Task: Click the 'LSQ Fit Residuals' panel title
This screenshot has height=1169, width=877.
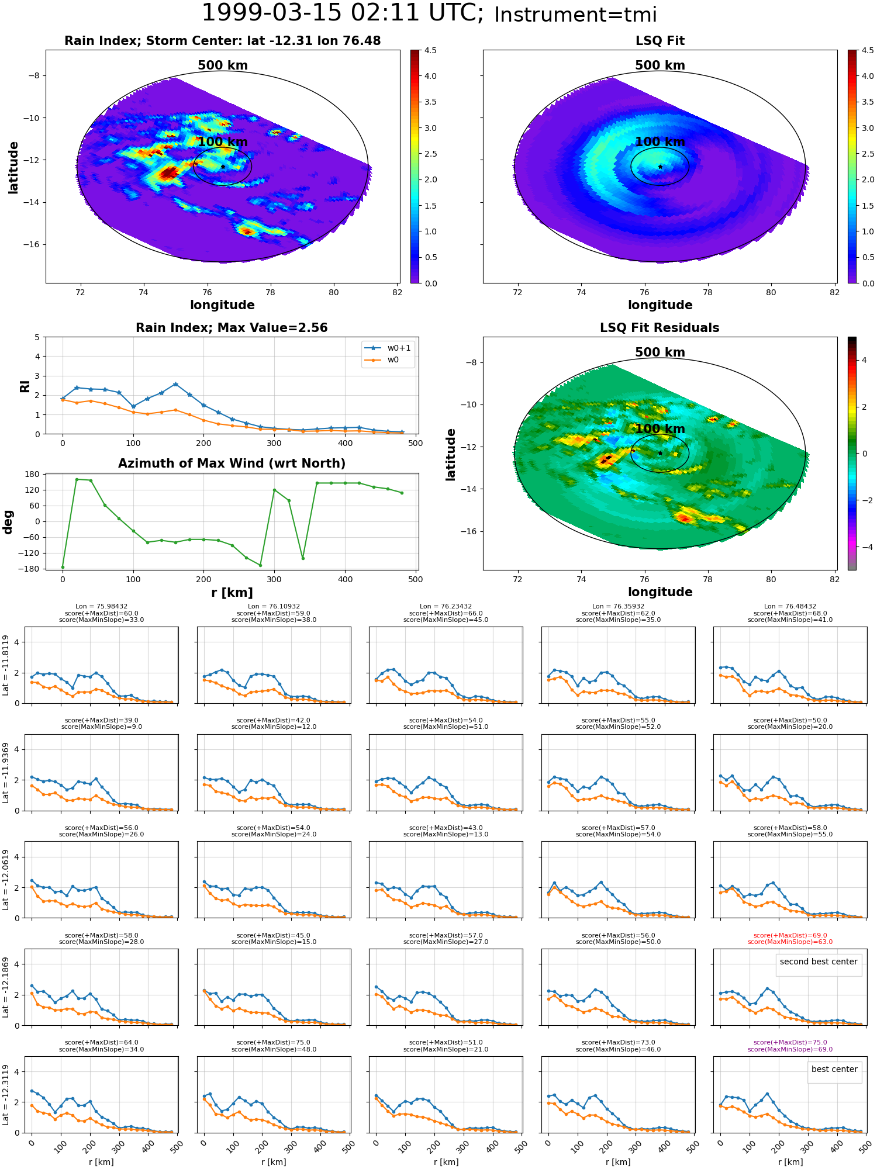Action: (660, 328)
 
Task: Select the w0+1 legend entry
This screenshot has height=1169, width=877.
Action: (388, 348)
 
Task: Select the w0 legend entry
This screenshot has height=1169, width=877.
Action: (388, 359)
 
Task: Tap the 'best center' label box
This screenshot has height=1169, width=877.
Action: (834, 1069)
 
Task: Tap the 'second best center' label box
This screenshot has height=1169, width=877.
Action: (819, 962)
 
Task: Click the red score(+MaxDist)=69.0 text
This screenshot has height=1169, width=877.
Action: (790, 935)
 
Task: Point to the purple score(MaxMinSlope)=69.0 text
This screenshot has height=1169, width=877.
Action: (790, 1049)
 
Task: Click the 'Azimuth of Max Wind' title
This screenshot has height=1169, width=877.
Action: (232, 464)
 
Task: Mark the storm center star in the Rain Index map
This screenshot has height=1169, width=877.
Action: (223, 167)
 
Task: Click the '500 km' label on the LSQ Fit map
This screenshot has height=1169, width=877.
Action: (660, 65)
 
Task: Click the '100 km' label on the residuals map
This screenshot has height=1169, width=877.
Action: (660, 429)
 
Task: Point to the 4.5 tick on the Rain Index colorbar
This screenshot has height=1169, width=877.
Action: (430, 50)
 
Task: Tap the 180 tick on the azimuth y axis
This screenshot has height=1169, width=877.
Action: (33, 474)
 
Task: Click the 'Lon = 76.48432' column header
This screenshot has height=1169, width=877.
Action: (790, 607)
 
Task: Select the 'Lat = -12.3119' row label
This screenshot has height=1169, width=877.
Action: (6, 1095)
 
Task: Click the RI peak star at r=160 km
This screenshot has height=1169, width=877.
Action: (175, 385)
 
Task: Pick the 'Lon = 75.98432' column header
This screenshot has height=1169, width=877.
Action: (101, 607)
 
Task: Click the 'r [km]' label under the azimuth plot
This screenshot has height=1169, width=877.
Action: (232, 593)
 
